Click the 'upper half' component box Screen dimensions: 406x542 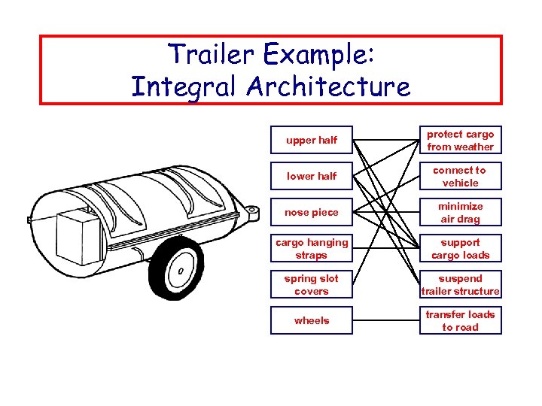coord(312,140)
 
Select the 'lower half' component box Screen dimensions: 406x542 coord(312,176)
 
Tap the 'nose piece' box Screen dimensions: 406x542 coord(312,212)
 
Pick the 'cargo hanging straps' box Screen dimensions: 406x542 coord(312,249)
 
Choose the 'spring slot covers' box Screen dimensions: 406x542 coord(312,285)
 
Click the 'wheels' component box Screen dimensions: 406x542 coord(312,321)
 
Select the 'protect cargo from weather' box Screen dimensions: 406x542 coord(460,141)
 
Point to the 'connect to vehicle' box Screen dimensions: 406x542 coord(460,177)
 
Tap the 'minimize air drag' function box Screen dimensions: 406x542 coord(460,213)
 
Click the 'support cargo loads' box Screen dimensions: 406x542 coord(460,249)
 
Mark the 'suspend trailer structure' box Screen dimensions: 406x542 coord(460,285)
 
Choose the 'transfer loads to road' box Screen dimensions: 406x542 coord(460,321)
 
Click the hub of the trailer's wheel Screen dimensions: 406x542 coord(181,271)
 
